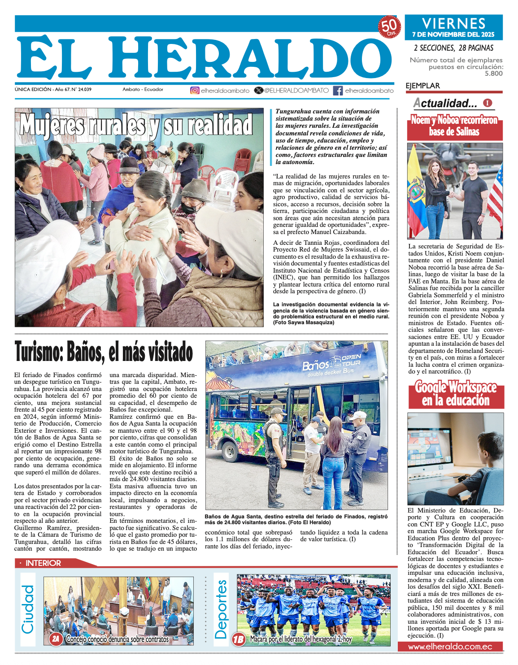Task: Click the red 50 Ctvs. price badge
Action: click(389, 27)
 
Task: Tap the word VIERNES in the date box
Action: click(453, 23)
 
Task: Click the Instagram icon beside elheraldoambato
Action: click(195, 90)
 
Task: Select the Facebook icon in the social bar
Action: click(338, 90)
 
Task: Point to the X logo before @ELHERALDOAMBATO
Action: click(259, 90)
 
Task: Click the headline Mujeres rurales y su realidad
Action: click(136, 125)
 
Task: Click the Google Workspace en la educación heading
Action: click(456, 393)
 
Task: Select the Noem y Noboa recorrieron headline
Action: click(454, 126)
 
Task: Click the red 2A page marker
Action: click(55, 639)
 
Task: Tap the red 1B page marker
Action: click(239, 639)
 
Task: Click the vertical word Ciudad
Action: click(28, 609)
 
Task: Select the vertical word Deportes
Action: click(221, 609)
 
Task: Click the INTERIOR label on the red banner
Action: click(43, 563)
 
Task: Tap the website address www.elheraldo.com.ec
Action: click(450, 647)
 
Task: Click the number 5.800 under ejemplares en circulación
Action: click(493, 74)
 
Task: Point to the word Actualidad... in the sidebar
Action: click(445, 103)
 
